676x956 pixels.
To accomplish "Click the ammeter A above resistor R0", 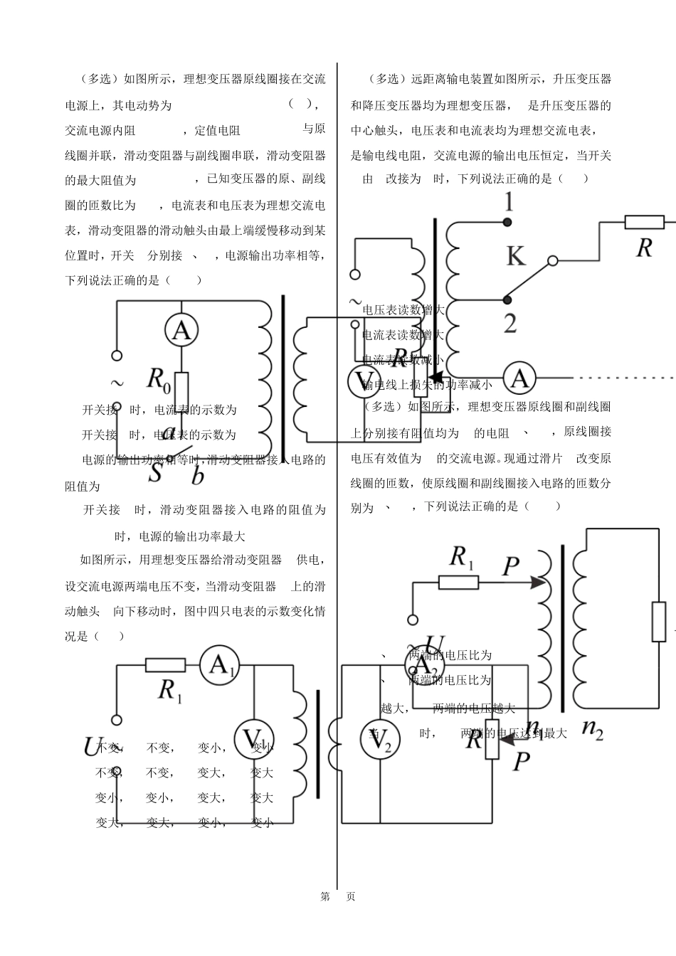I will pyautogui.click(x=181, y=330).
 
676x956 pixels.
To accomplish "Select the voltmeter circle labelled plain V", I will pyautogui.click(x=364, y=381).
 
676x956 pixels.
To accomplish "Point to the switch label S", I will pyautogui.click(x=155, y=473).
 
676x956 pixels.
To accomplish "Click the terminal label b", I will pyautogui.click(x=197, y=475).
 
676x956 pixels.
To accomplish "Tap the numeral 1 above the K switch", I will pyautogui.click(x=508, y=203).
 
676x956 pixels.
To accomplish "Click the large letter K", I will pyautogui.click(x=516, y=256).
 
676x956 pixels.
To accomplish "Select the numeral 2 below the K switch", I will pyautogui.click(x=510, y=323).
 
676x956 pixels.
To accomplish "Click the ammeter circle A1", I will pyautogui.click(x=220, y=665).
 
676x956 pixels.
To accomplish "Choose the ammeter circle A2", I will pyautogui.click(x=423, y=666).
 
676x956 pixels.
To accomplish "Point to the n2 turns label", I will pyautogui.click(x=592, y=728).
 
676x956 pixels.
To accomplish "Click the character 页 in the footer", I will pyautogui.click(x=350, y=896).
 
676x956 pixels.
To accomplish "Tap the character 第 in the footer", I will pyautogui.click(x=325, y=896).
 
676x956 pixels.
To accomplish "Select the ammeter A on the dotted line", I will pyautogui.click(x=519, y=378).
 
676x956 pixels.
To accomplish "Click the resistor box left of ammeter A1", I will pyautogui.click(x=165, y=665).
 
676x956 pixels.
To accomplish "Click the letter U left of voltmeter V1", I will pyautogui.click(x=90, y=747).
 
